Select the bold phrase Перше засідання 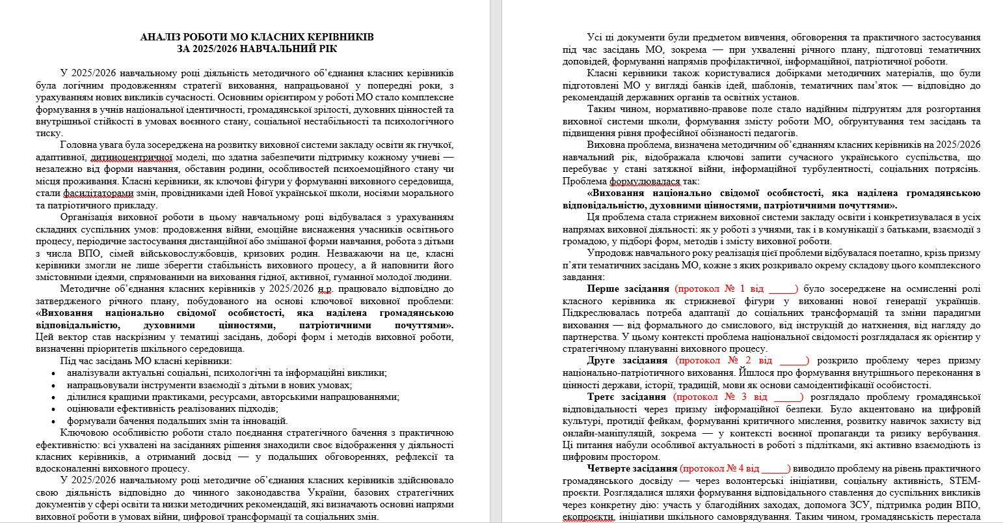(x=628, y=289)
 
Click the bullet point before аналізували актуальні (x=53, y=373)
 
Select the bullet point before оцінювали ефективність (x=53, y=409)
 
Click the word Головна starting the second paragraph (x=77, y=145)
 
